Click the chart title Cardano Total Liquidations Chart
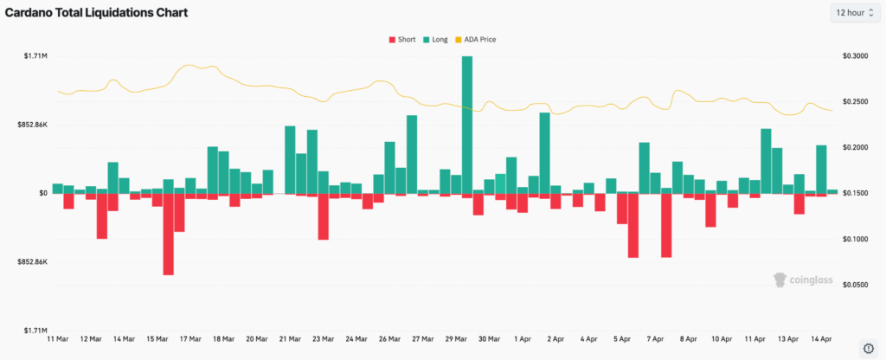coord(97,12)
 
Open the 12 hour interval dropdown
coord(855,12)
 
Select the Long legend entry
coord(434,39)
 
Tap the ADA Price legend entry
coord(477,39)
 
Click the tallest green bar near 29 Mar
coord(467,124)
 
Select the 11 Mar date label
coord(57,339)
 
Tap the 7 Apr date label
coord(655,339)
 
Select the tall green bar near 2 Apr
coord(545,152)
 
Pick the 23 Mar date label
coord(323,339)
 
